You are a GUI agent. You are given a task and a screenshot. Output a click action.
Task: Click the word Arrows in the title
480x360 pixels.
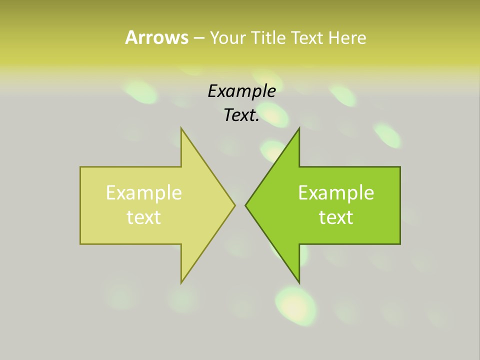coord(156,37)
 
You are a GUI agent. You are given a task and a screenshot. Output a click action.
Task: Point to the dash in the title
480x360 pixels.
coord(198,38)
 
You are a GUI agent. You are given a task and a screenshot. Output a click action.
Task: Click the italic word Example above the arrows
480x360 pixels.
coord(242,91)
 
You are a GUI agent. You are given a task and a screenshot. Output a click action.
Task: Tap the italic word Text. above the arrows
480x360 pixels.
coord(240,115)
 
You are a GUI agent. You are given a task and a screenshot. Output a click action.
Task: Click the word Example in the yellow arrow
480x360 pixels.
coord(144,192)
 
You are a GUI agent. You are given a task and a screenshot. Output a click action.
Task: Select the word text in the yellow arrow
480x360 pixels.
coord(144,217)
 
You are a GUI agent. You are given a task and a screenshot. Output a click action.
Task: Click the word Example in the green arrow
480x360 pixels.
coord(336,192)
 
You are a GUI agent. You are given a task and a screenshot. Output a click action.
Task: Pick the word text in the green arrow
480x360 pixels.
coord(336,217)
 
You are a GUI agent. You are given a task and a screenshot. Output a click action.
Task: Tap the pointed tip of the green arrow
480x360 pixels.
coord(246,204)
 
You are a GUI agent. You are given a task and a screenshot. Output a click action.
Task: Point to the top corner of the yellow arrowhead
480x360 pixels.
coord(181,128)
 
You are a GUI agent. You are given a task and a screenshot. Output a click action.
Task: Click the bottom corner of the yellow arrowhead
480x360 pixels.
coord(181,282)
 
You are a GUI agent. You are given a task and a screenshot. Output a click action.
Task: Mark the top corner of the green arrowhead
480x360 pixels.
coord(299,128)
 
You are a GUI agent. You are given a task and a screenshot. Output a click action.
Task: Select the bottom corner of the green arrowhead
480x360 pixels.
coord(299,282)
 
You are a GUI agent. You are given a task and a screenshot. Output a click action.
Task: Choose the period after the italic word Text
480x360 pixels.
coord(257,120)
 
